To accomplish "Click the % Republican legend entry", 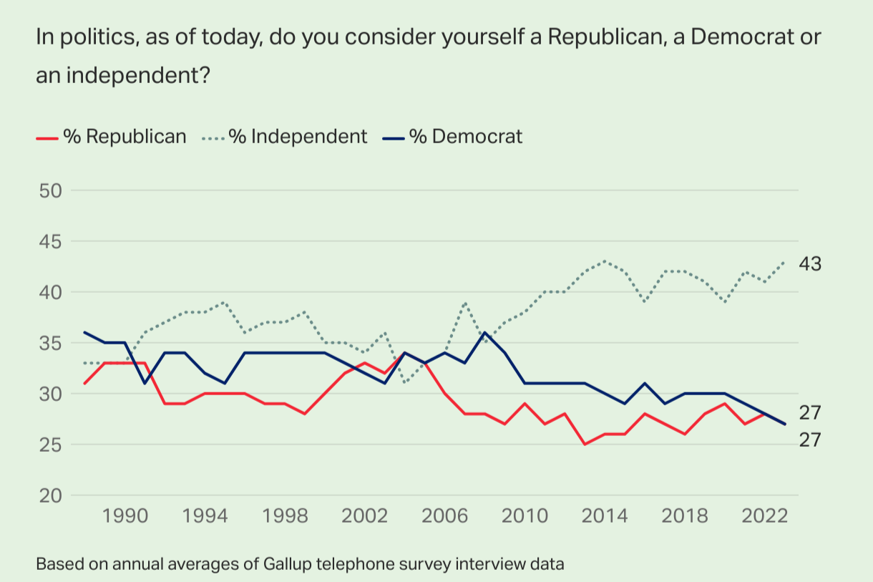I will pos(111,136).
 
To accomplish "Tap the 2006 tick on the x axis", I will pos(446,518).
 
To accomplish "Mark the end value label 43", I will pos(810,263).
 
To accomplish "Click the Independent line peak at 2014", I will pos(605,261).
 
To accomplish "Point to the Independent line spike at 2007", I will pos(465,302).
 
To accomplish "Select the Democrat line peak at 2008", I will pos(485,332).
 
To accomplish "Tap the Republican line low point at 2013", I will pos(585,445).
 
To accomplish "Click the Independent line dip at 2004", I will pos(405,383).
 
